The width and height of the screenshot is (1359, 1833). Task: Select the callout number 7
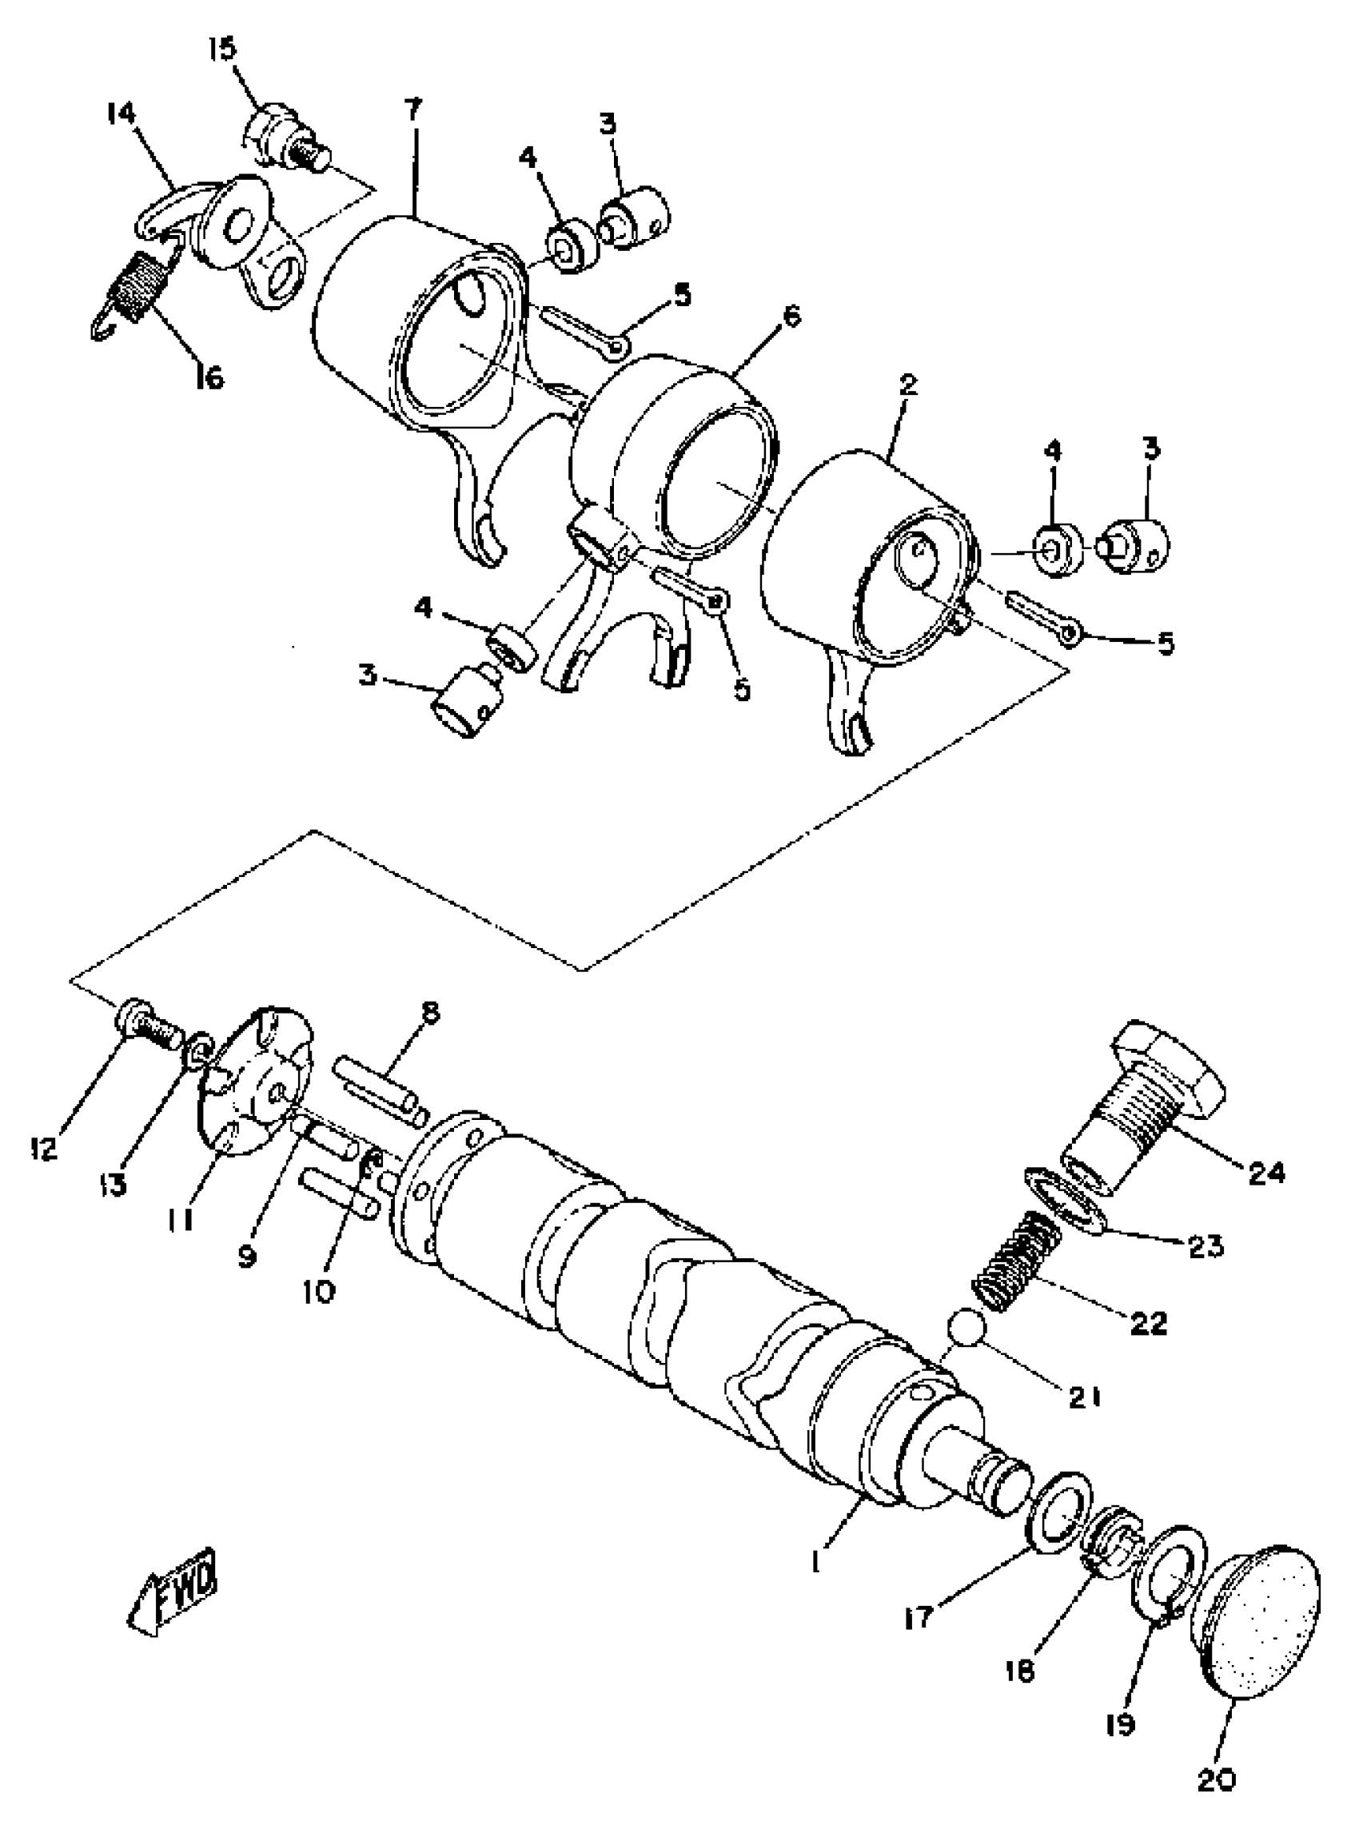coord(412,110)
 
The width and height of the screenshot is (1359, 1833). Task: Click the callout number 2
coord(908,385)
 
